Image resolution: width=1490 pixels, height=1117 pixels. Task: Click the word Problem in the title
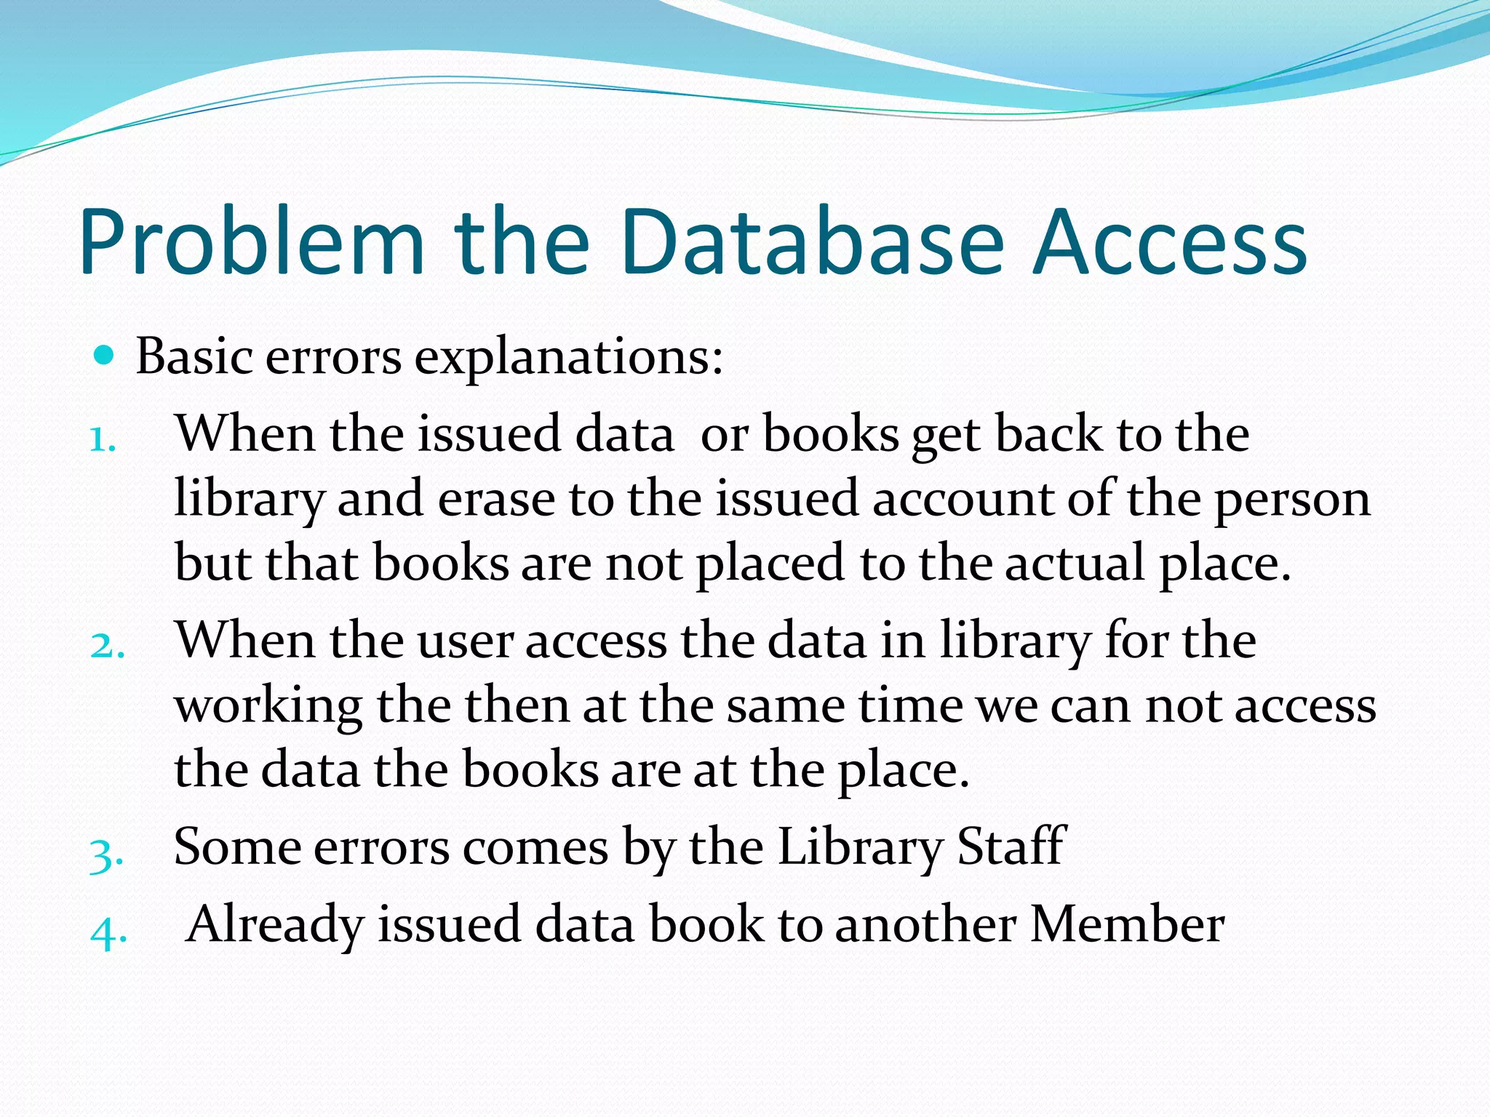(251, 244)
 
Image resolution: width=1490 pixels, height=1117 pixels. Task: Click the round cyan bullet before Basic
(105, 356)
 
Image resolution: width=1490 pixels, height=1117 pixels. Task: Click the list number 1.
(103, 439)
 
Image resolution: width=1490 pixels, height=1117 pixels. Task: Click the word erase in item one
(496, 500)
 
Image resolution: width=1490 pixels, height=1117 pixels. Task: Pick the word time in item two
(911, 705)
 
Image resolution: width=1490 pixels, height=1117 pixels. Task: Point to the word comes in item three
(535, 848)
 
